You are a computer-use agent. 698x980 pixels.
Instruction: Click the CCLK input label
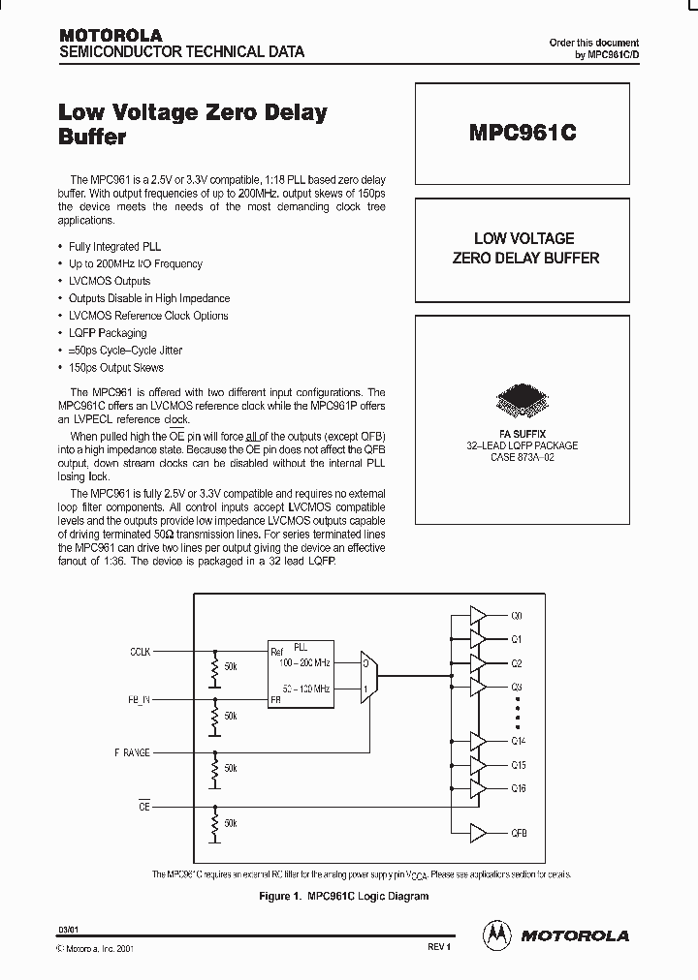(x=140, y=652)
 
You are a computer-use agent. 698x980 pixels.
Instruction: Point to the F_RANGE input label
(x=132, y=752)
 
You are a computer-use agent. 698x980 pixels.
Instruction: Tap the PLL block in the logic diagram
(x=300, y=670)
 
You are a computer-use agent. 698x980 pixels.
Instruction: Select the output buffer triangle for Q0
(x=478, y=616)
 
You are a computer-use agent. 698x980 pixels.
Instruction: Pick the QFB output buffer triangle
(x=478, y=833)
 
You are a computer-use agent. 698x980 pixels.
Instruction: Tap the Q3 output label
(x=517, y=687)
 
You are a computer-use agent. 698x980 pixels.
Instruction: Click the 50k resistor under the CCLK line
(x=214, y=668)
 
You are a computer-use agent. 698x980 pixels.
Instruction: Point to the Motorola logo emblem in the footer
(x=496, y=934)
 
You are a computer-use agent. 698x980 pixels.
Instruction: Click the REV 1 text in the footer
(x=438, y=946)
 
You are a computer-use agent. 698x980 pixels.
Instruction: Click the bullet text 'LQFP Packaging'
(x=108, y=333)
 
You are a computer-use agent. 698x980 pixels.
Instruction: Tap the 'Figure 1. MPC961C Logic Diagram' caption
(x=344, y=897)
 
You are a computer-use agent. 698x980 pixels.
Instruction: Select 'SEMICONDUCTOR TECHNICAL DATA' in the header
(x=182, y=51)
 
